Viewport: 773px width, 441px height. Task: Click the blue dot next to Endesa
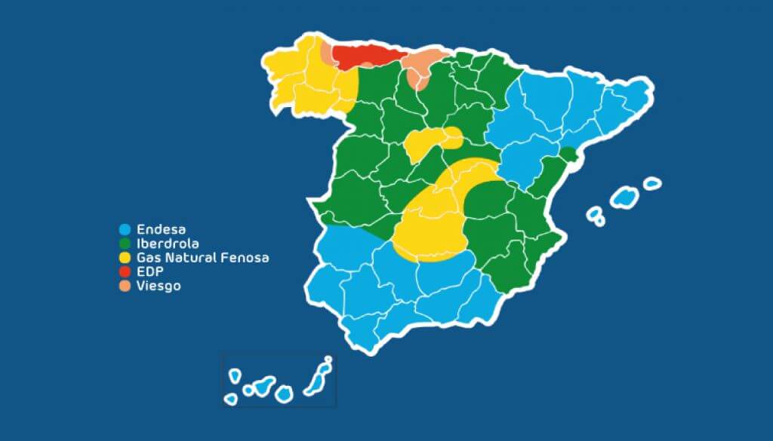pos(125,229)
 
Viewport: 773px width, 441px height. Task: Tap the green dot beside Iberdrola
pos(125,243)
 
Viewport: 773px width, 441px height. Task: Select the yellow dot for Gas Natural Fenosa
pos(125,258)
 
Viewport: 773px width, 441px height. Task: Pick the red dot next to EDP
pos(125,271)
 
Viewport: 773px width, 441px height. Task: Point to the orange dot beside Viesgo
pos(125,286)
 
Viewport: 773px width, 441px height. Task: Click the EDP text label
pos(149,271)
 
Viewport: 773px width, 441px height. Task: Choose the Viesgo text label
pos(159,286)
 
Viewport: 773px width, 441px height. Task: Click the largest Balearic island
pos(624,198)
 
